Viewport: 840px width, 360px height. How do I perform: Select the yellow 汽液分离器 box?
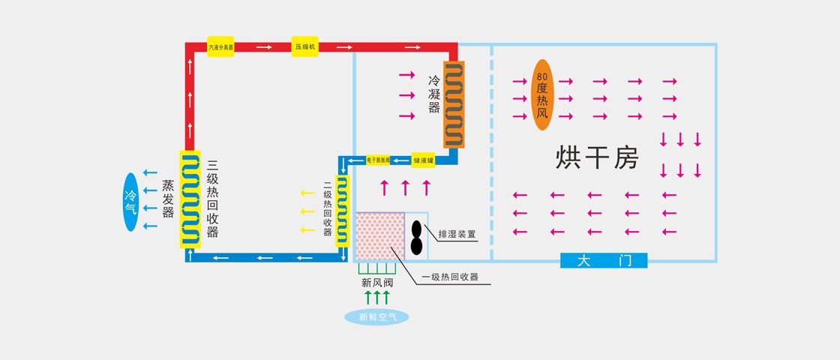[220, 46]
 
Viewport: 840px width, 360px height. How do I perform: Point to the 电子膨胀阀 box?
[379, 160]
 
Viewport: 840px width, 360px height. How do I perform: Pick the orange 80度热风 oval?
[543, 94]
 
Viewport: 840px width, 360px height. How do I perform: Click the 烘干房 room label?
[597, 158]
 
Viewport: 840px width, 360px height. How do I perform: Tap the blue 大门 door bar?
[603, 261]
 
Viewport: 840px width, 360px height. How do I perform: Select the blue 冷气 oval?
[130, 201]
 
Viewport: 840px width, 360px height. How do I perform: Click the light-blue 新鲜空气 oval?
[377, 316]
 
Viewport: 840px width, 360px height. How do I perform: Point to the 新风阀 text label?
[376, 283]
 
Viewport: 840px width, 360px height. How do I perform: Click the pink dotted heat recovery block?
[379, 237]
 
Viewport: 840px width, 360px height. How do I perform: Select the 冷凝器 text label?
[434, 94]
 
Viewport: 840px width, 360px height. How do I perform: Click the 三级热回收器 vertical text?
[212, 199]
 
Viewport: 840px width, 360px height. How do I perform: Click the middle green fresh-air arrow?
[377, 296]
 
